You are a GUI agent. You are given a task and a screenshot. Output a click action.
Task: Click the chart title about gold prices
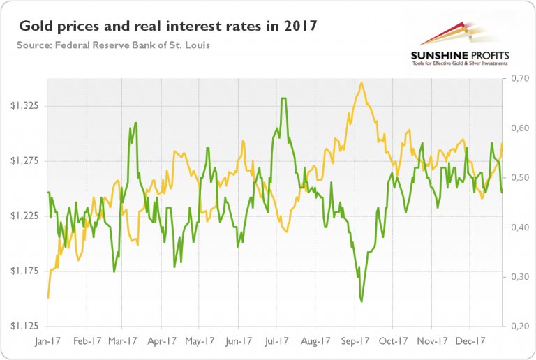167,28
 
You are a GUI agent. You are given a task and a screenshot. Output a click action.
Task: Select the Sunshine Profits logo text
461,56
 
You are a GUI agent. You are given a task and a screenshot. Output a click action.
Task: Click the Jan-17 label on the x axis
47,341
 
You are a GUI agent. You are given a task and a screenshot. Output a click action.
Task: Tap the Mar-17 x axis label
122,341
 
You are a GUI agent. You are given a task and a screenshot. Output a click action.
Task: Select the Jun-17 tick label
239,341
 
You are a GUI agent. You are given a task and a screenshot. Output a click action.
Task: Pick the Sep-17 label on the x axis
355,341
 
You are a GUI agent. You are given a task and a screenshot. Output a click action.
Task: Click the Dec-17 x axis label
470,341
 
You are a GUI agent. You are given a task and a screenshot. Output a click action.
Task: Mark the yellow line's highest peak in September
361,83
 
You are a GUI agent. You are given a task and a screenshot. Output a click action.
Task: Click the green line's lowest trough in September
362,301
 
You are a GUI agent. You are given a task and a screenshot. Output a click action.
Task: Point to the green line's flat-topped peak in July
283,98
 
